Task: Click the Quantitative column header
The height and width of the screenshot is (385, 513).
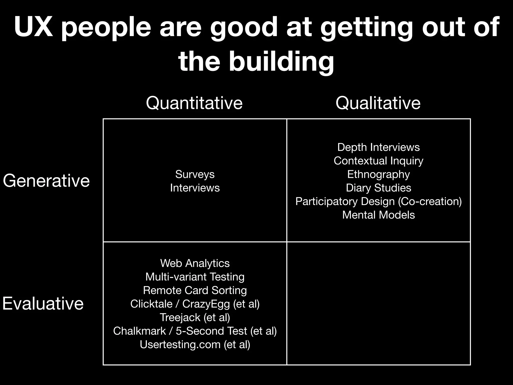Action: coord(194,103)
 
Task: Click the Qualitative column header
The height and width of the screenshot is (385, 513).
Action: coord(378,103)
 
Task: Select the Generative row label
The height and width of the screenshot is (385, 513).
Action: coord(46,180)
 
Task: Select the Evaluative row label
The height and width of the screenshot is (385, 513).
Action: coord(43,303)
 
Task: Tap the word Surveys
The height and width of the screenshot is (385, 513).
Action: coord(195,174)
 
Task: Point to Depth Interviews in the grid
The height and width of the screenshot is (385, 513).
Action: coord(378,147)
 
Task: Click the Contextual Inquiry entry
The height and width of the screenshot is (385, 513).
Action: coord(378,161)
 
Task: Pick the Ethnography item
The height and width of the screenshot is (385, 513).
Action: coord(378,174)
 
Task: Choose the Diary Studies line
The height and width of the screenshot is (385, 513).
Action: coord(378,188)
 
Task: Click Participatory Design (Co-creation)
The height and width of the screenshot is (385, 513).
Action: coord(378,201)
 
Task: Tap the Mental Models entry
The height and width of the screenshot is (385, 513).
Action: coord(378,215)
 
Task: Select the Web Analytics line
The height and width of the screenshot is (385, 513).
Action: coord(195,263)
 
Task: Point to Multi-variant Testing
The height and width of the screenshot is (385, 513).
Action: coord(195,277)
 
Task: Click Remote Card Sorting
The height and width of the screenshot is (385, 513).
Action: coord(195,290)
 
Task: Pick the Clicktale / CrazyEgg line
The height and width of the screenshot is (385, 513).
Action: coord(195,304)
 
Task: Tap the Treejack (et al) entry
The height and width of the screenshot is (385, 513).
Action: coord(195,317)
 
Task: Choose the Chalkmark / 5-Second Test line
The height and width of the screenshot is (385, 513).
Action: coord(195,331)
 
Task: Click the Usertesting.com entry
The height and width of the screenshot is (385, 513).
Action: coord(195,344)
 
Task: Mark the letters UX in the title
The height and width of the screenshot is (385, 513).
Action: coord(34,27)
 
